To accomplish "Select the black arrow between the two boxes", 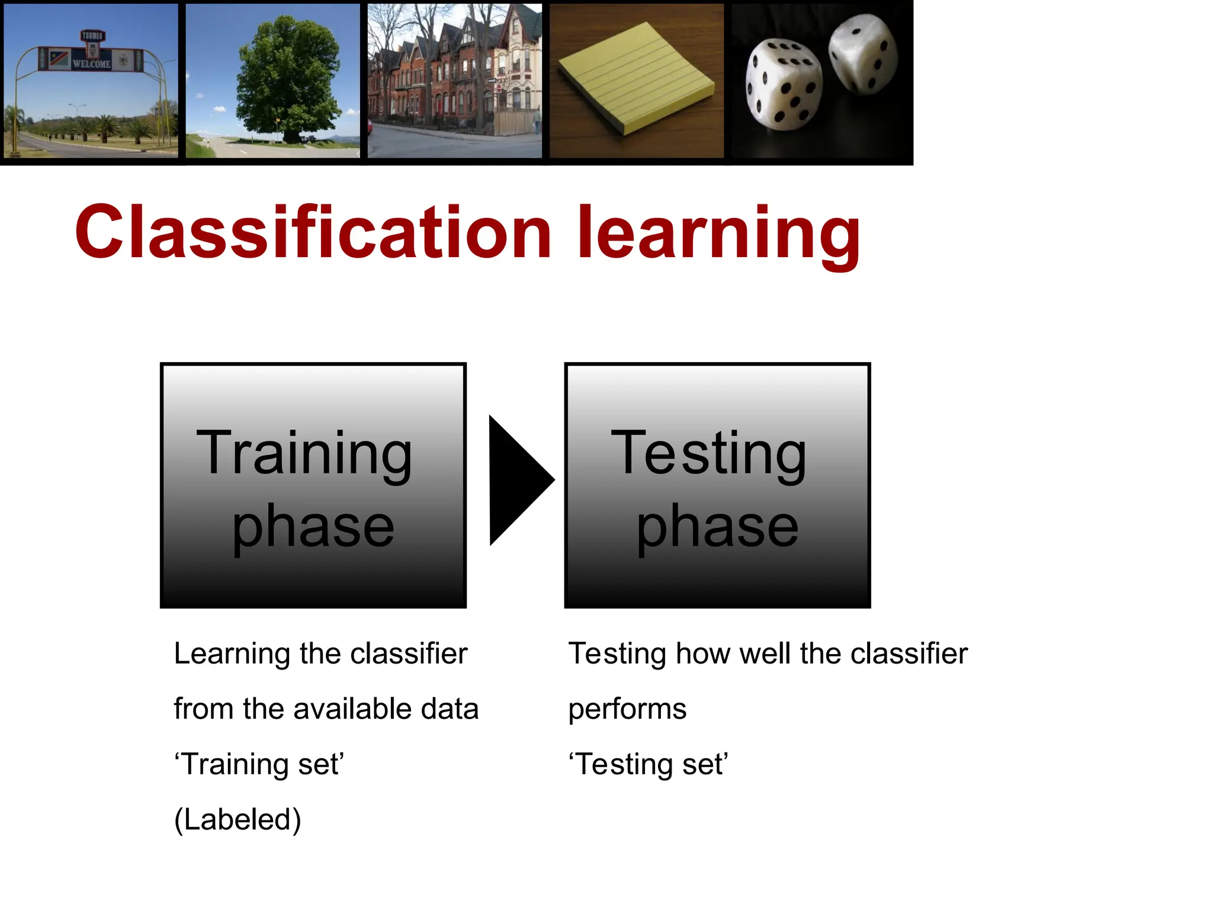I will [x=516, y=480].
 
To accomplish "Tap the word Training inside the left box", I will [x=304, y=454].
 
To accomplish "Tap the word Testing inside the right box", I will [x=708, y=454].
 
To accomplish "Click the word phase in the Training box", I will [x=313, y=526].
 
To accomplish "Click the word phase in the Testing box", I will [x=717, y=526].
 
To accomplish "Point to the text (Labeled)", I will [x=238, y=820].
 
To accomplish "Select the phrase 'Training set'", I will [x=259, y=764].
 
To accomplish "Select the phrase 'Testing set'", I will [x=648, y=764].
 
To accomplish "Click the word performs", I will [x=627, y=710].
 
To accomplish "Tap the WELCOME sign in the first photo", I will [x=91, y=63].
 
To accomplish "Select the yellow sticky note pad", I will [x=637, y=78].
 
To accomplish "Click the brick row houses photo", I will [x=454, y=81].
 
